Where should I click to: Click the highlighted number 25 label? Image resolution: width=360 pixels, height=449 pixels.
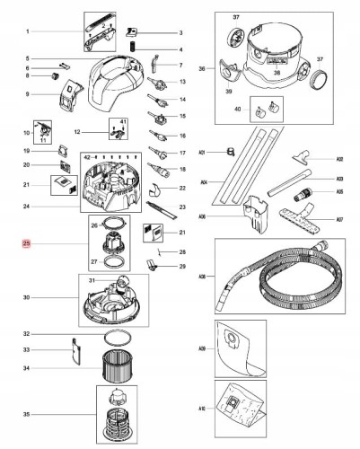pyautogui.click(x=27, y=243)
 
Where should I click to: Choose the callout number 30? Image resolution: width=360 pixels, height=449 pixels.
pyautogui.click(x=27, y=297)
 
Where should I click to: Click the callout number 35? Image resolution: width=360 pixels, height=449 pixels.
pyautogui.click(x=27, y=414)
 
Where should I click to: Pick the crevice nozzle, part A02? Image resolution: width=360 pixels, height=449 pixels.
pyautogui.click(x=302, y=159)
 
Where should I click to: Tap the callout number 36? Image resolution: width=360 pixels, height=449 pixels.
pyautogui.click(x=202, y=68)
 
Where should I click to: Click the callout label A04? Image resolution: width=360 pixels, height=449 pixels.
pyautogui.click(x=203, y=180)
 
